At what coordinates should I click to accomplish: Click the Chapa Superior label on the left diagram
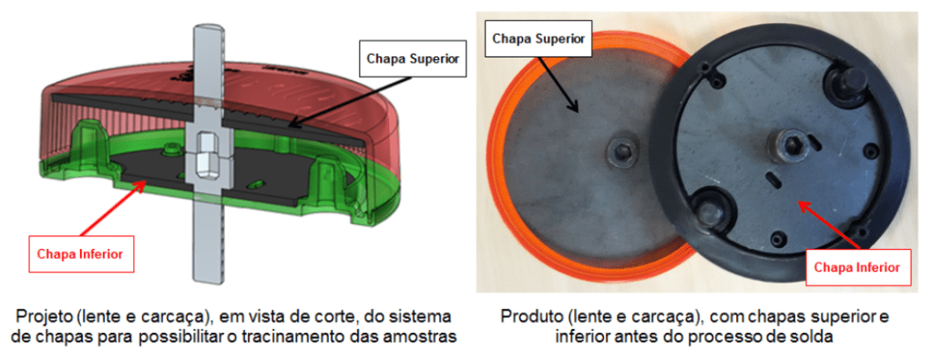(413, 59)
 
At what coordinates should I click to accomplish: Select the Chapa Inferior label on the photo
(855, 266)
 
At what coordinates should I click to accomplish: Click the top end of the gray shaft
(208, 26)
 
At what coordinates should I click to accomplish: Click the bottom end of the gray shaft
(208, 279)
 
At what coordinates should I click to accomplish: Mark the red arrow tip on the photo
(800, 203)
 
